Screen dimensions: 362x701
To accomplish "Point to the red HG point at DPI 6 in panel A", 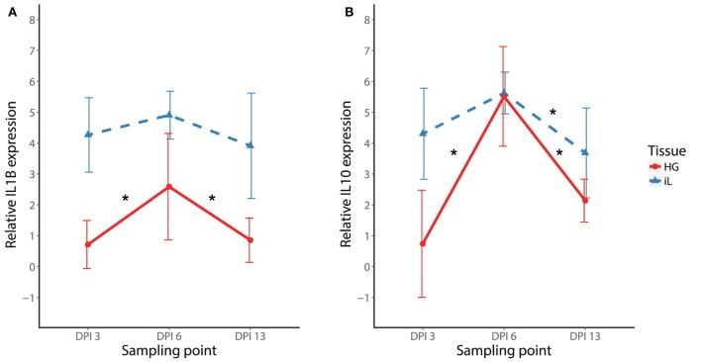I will (169, 187).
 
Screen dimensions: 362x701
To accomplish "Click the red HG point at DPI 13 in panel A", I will (250, 240).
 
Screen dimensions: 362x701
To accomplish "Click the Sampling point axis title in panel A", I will (169, 350).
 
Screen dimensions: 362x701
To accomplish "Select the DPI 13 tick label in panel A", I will (250, 336).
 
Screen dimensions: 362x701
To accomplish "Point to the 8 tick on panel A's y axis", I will (32, 20).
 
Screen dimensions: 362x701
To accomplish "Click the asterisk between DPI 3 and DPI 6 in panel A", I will (126, 199).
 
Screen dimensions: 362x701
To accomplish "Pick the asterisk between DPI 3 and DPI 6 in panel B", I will (453, 153).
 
